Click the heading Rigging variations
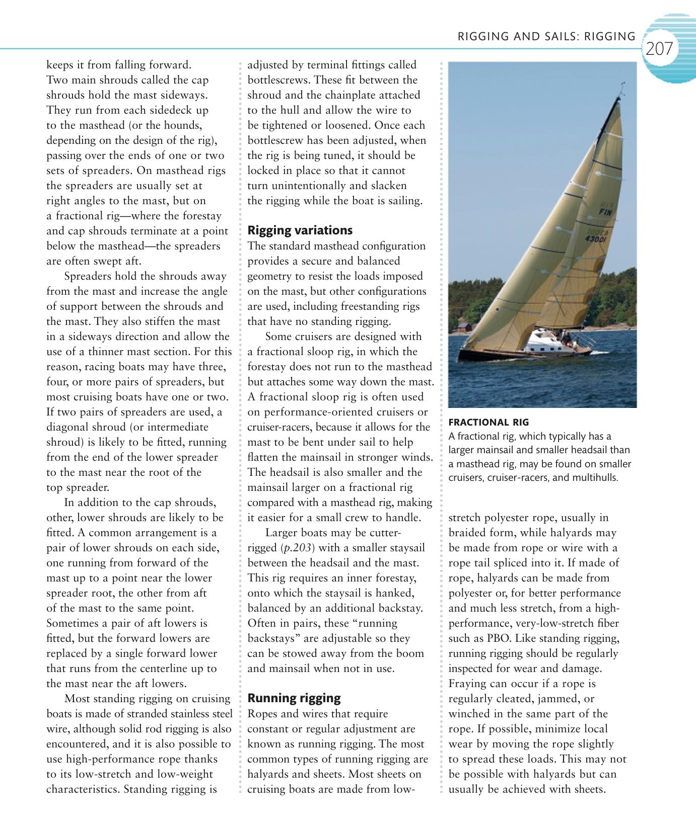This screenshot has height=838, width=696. [300, 230]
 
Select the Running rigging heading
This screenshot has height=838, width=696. [294, 698]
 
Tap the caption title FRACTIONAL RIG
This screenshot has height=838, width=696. [488, 423]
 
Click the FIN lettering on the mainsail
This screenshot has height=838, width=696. [604, 212]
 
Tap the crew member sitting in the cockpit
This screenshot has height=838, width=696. [566, 336]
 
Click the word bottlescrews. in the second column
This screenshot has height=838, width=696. [278, 80]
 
